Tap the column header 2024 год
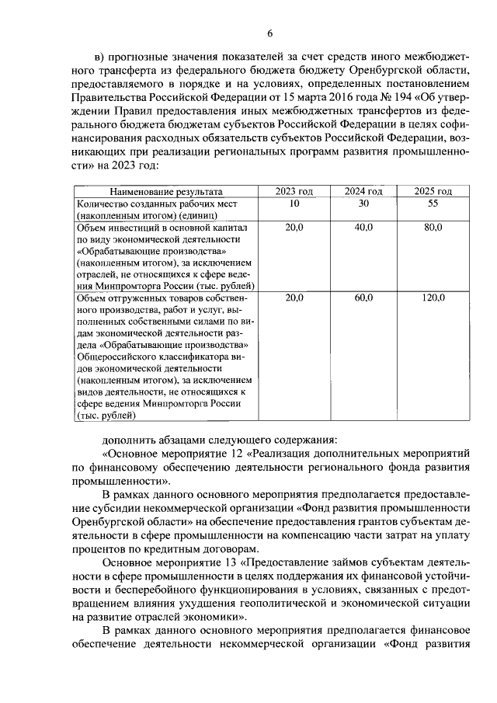click(364, 191)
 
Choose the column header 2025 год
click(433, 191)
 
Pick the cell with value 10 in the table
click(294, 203)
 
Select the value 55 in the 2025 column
click(433, 203)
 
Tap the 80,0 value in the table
click(433, 227)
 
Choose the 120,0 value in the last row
click(433, 298)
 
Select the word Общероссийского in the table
click(115, 356)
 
